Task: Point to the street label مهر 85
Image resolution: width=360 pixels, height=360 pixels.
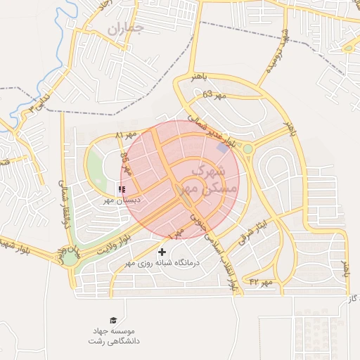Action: (126, 163)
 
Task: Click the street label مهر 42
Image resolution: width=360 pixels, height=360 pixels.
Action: (260, 282)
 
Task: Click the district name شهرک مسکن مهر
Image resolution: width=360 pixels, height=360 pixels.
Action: (205, 179)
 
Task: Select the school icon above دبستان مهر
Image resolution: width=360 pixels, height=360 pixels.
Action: (122, 190)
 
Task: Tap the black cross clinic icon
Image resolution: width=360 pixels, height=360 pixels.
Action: (162, 252)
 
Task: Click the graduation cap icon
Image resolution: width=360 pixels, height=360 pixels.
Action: (112, 320)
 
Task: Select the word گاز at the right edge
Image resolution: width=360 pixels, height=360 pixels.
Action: (352, 300)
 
